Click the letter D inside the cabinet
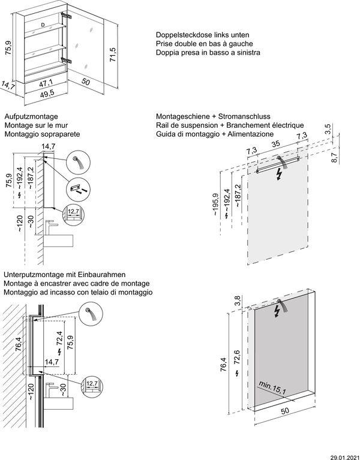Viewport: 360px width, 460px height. tap(43, 25)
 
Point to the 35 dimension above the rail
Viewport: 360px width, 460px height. tap(275, 145)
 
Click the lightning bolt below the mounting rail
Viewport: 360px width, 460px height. tap(278, 175)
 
